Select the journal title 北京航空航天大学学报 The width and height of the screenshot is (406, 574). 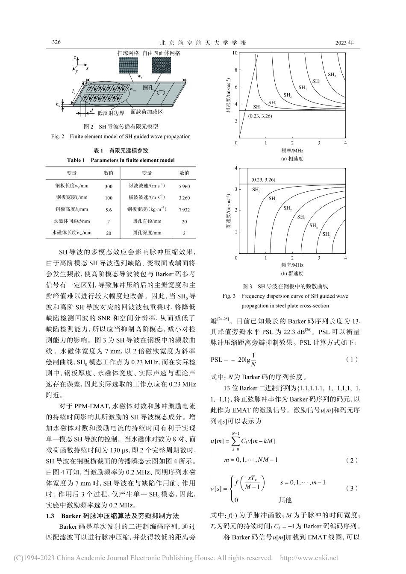pyautogui.click(x=203, y=43)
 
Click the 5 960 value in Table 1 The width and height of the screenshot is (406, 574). pyautogui.click(x=184, y=186)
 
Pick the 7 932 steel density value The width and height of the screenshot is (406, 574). pyautogui.click(x=184, y=210)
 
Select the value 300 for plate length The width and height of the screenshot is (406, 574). pyautogui.click(x=109, y=186)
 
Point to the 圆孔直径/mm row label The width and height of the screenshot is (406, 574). pyautogui.click(x=147, y=221)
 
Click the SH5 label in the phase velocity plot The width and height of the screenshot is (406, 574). pyautogui.click(x=332, y=74)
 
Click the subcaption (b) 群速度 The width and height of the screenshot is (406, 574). pyautogui.click(x=292, y=273)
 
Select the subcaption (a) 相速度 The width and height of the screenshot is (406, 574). pyautogui.click(x=292, y=158)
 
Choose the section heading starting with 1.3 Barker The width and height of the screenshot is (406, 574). pyautogui.click(x=112, y=516)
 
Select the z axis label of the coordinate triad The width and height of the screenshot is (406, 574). pyautogui.click(x=75, y=57)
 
